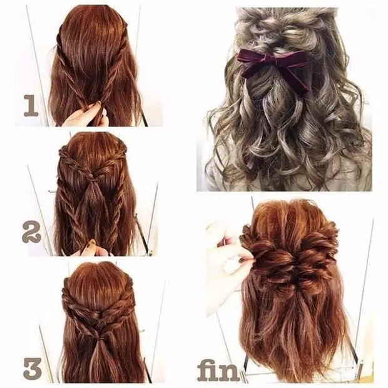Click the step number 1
pyautogui.click(x=31, y=106)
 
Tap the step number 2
pyautogui.click(x=31, y=232)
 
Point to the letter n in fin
pyautogui.click(x=231, y=373)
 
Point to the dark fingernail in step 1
pyautogui.click(x=98, y=103)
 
